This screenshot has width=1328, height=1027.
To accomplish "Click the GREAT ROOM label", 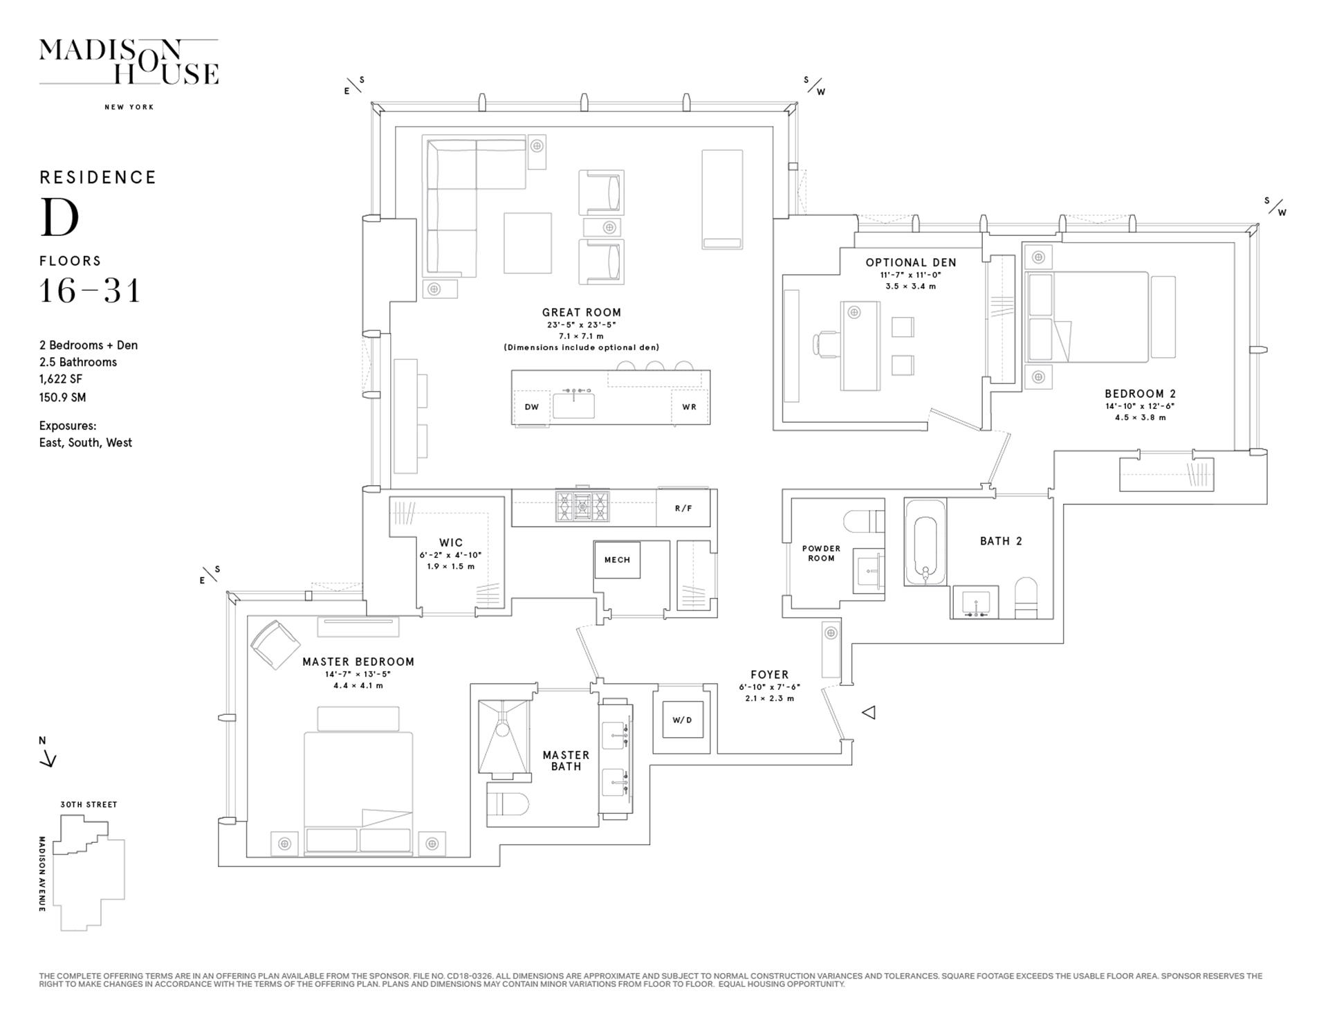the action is (582, 312).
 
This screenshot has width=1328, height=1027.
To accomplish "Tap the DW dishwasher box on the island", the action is (531, 407).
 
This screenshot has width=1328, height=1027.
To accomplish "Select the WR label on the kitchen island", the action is (690, 407).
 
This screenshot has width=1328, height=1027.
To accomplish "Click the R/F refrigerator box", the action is (683, 508).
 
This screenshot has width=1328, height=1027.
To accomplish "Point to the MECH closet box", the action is (617, 560).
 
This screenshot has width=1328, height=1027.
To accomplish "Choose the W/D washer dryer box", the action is (682, 720).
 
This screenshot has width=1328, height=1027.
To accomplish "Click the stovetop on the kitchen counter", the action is (583, 506).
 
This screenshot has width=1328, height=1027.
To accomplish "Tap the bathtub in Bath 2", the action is (925, 543).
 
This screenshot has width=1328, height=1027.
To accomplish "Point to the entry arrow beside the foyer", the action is (869, 712).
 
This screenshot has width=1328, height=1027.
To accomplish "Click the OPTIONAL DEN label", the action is (911, 262).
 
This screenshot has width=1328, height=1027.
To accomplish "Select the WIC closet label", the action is (451, 543).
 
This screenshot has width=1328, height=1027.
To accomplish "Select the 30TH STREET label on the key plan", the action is (89, 804).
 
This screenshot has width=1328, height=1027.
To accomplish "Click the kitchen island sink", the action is (573, 405).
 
